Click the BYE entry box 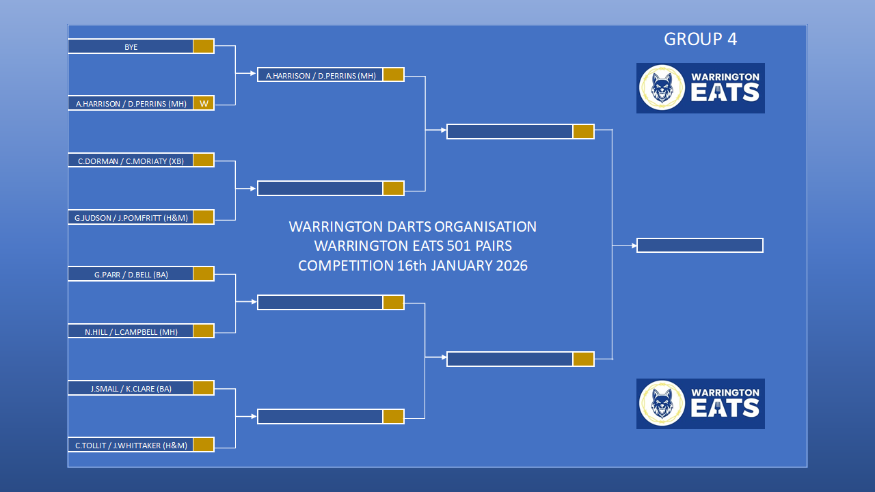click(x=131, y=46)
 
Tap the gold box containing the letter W click(x=204, y=103)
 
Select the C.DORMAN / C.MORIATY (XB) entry click(x=131, y=161)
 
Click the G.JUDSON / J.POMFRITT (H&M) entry click(x=131, y=217)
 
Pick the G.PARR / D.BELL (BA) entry click(x=131, y=274)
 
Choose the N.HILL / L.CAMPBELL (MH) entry click(x=131, y=331)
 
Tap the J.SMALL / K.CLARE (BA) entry click(x=131, y=388)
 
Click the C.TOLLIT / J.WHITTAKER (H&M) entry click(x=131, y=445)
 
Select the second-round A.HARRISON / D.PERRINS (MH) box click(x=321, y=75)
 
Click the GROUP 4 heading click(x=700, y=39)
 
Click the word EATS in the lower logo click(x=725, y=409)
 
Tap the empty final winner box click(x=700, y=245)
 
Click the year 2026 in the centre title click(x=512, y=266)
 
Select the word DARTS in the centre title click(x=409, y=226)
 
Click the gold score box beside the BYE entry click(x=204, y=46)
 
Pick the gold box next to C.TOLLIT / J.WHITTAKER click(x=204, y=445)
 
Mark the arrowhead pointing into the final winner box click(x=634, y=245)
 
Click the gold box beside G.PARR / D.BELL click(x=204, y=274)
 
